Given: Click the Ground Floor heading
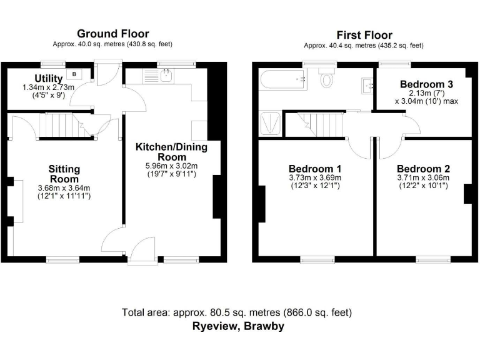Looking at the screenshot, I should [x=112, y=33].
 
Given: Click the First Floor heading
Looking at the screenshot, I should [x=364, y=35].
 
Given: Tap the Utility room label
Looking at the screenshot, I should [x=48, y=78].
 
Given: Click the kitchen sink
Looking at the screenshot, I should [x=166, y=76].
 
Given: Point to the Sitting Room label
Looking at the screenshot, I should [x=64, y=174].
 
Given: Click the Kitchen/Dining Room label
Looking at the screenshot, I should [x=171, y=152].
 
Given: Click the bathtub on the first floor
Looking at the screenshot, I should [x=282, y=79].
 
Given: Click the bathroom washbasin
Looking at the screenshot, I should [x=366, y=85].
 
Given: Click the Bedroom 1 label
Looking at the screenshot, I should [x=315, y=169].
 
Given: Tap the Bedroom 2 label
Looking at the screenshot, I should [x=422, y=169].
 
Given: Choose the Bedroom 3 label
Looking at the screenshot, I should [x=426, y=84].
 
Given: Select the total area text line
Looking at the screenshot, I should [x=237, y=312].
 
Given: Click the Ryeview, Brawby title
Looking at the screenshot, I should [x=237, y=326].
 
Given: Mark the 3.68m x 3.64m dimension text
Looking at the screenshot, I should [x=64, y=188].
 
